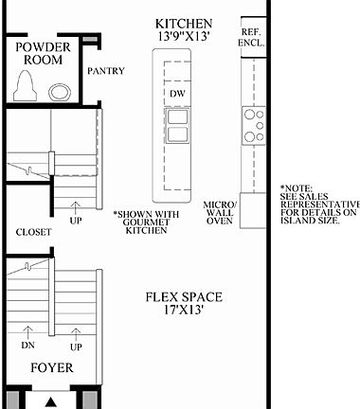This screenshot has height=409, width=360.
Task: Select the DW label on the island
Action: pyautogui.click(x=176, y=93)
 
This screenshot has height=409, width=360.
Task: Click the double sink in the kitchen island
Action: pyautogui.click(x=177, y=119)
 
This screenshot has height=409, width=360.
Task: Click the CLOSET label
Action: pyautogui.click(x=32, y=232)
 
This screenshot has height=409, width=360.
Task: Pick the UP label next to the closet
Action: pyautogui.click(x=75, y=221)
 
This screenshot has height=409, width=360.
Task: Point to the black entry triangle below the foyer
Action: pyautogui.click(x=51, y=400)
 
